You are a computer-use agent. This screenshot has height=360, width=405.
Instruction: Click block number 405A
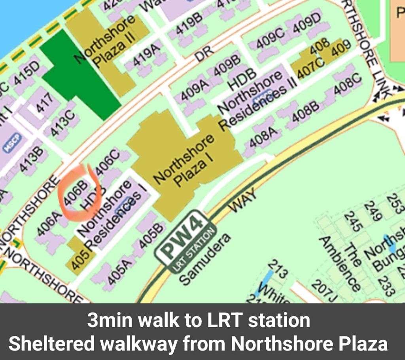pos(119,271)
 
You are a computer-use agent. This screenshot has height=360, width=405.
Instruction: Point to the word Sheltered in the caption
pos(51,344)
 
